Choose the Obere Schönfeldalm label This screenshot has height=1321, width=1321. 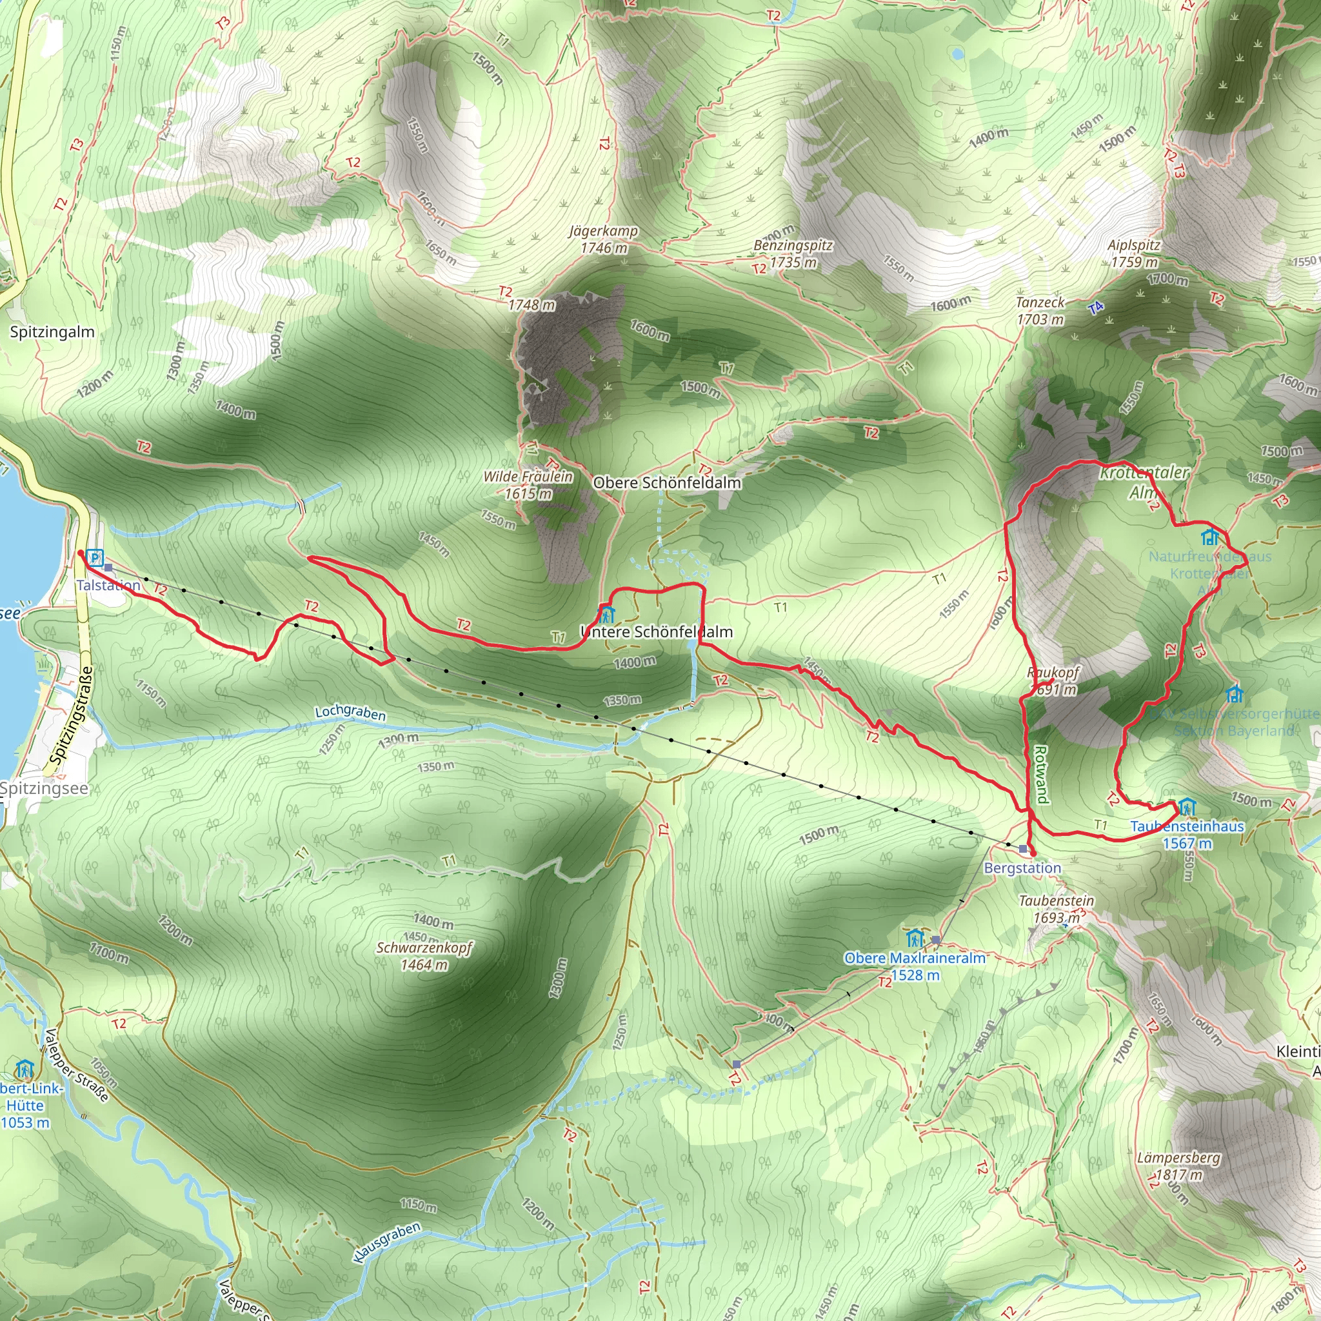(667, 482)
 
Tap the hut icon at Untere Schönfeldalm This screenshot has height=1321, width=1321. (606, 613)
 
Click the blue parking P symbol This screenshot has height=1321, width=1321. (95, 558)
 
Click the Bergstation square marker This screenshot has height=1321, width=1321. (1023, 849)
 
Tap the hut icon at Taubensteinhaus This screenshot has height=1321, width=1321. (1186, 808)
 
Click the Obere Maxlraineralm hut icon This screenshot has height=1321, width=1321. (915, 937)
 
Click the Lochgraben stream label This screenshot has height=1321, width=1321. (350, 713)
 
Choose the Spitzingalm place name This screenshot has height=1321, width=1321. (52, 332)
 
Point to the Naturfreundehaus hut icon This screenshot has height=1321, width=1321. (1210, 537)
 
